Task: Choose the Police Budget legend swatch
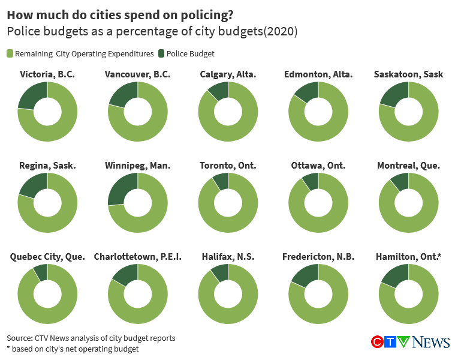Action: click(x=161, y=54)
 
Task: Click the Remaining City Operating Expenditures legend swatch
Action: click(x=10, y=54)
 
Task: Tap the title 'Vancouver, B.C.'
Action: click(x=137, y=74)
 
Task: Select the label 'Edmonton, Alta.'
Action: click(x=318, y=74)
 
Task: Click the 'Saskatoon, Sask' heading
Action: click(x=408, y=74)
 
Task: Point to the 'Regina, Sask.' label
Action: click(x=47, y=166)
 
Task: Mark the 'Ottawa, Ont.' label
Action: click(x=318, y=166)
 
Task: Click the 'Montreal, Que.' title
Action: click(x=408, y=166)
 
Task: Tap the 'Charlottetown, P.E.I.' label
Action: click(x=137, y=257)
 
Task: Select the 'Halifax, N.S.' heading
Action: click(x=228, y=257)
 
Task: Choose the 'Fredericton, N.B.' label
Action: click(x=318, y=257)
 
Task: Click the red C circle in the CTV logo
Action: click(x=378, y=342)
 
